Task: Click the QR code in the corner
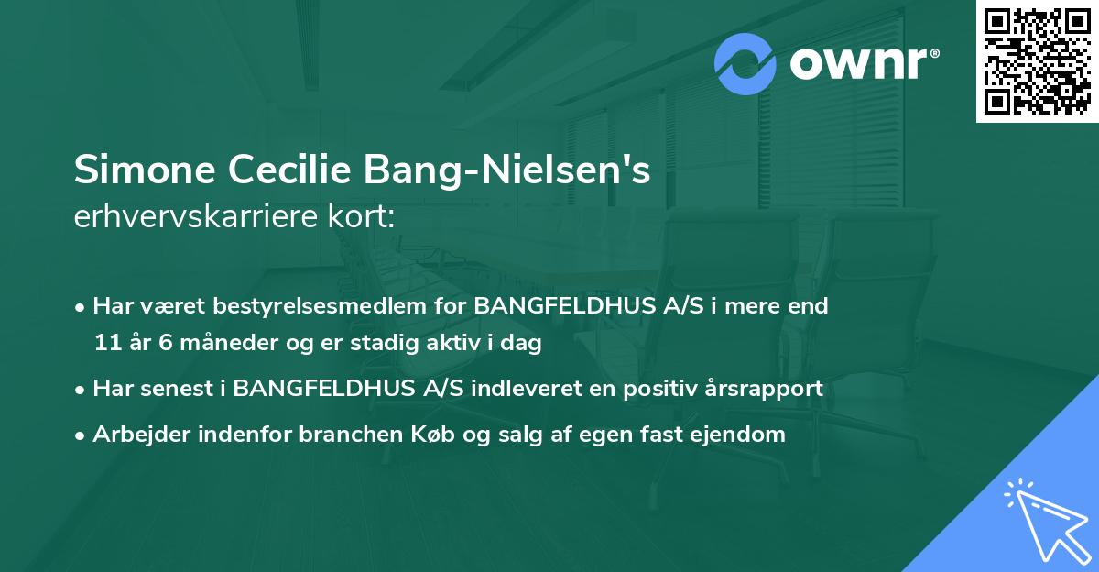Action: [1037, 61]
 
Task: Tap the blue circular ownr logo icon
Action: [746, 64]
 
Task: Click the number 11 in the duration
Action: [105, 344]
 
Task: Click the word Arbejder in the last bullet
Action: [138, 434]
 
